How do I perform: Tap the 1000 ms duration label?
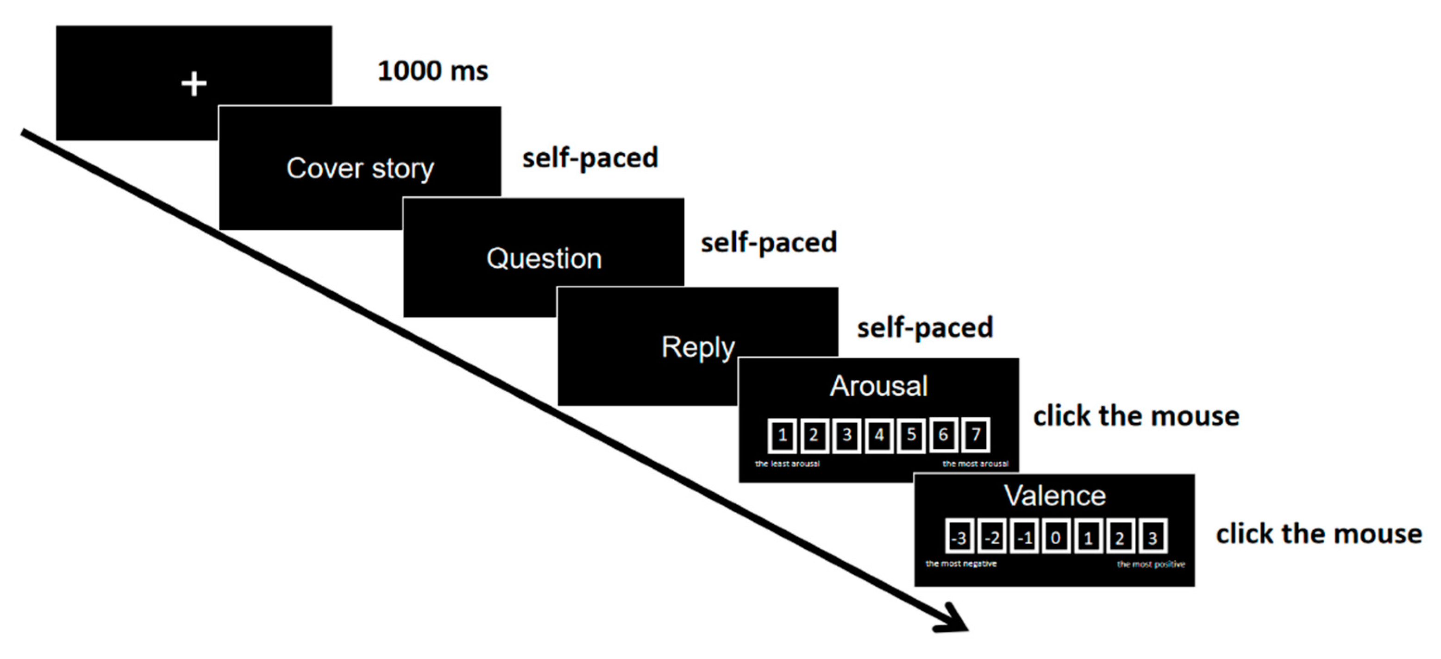(x=432, y=71)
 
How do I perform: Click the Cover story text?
(x=360, y=168)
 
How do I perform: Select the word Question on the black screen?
(x=544, y=258)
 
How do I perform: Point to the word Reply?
(x=697, y=347)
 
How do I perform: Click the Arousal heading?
(x=878, y=386)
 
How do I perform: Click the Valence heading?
(x=1054, y=496)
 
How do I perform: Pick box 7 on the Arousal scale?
(x=976, y=435)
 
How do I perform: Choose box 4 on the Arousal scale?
(x=879, y=435)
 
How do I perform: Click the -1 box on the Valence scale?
(x=1024, y=538)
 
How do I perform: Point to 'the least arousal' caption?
(x=787, y=464)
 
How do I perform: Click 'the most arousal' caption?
(x=975, y=464)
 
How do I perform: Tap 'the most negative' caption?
(x=960, y=564)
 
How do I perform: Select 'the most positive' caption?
(x=1151, y=565)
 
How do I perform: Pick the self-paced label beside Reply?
(x=925, y=328)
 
